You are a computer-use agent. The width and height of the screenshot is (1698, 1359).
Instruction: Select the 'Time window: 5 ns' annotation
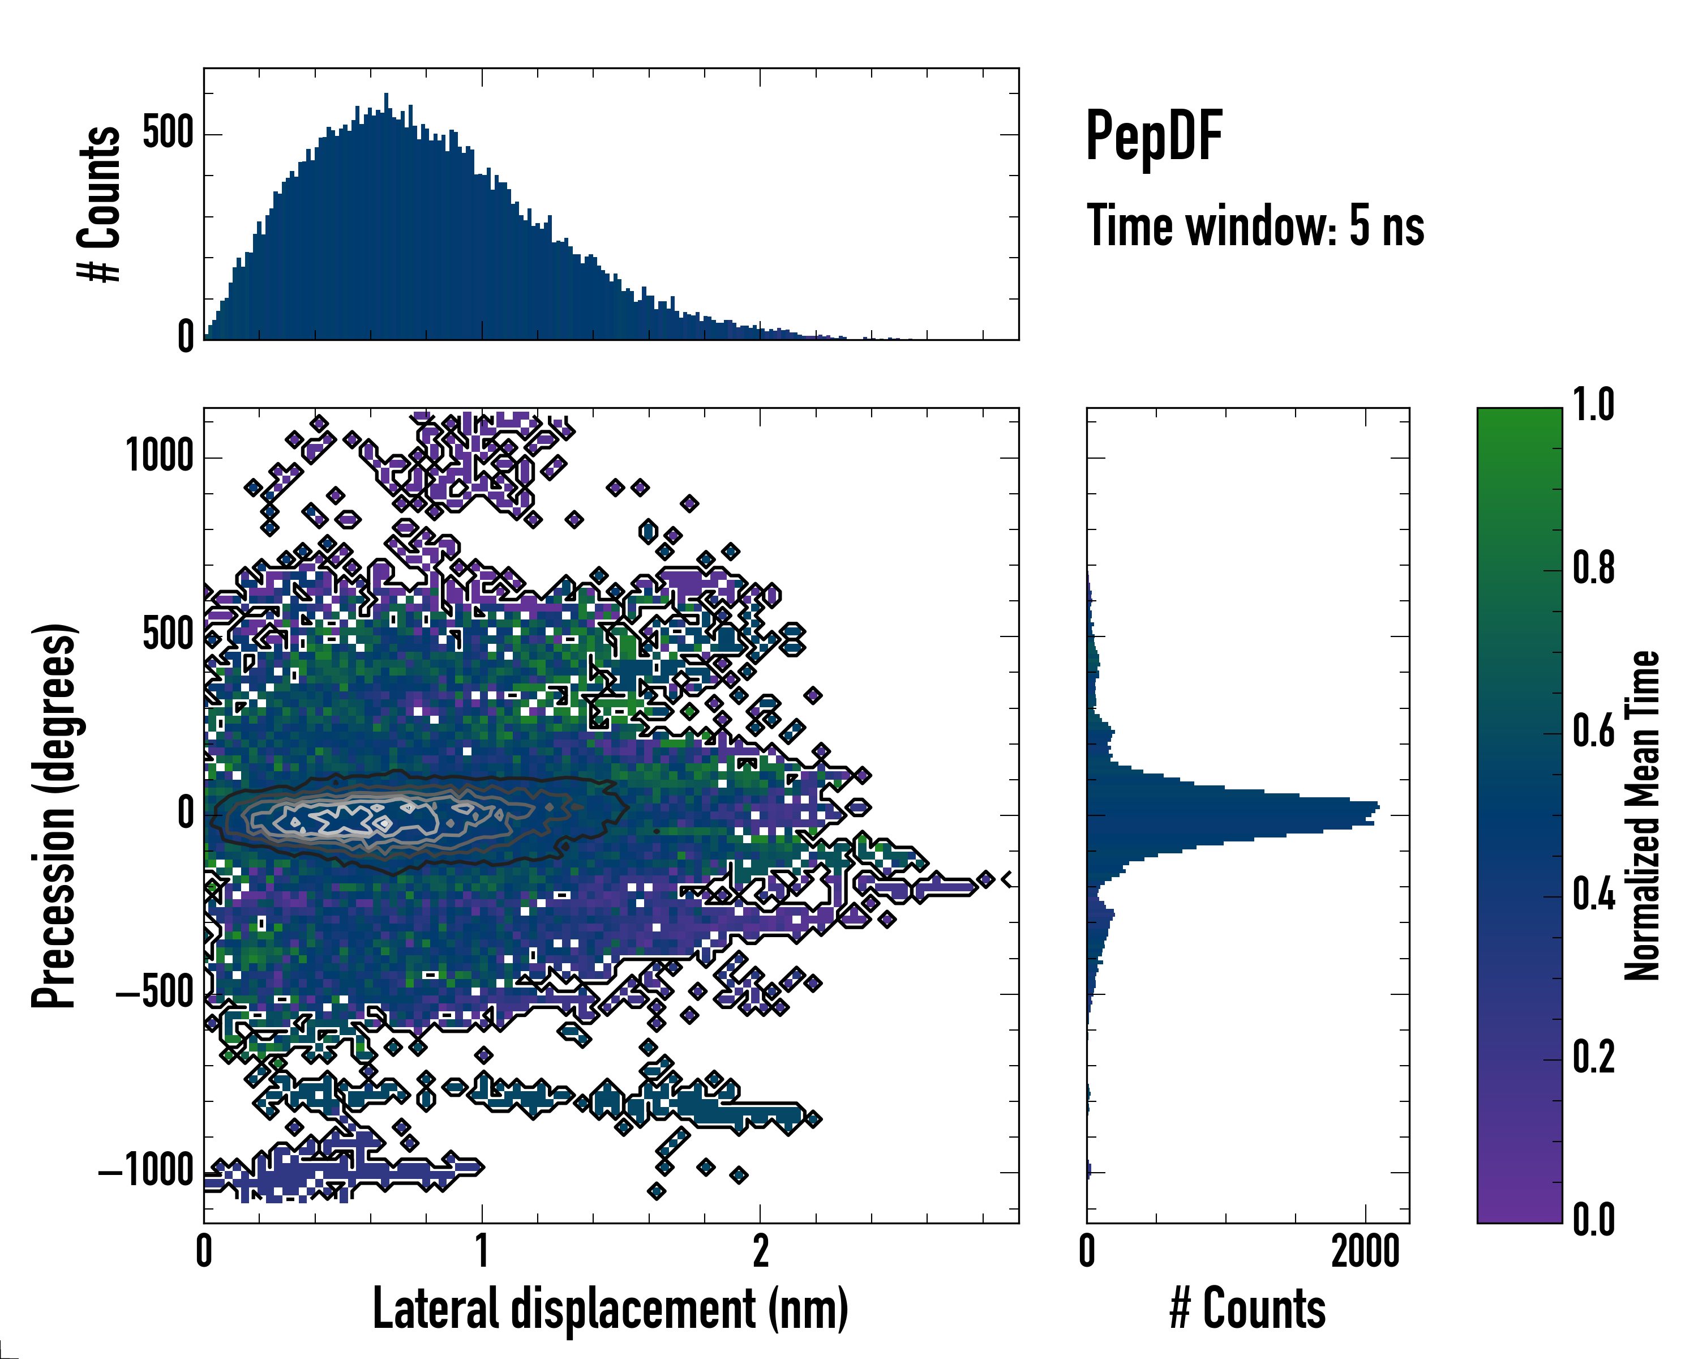1255,226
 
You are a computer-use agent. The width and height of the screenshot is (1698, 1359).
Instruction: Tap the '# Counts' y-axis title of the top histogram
100,204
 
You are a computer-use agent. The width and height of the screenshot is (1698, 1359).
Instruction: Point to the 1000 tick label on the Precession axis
160,456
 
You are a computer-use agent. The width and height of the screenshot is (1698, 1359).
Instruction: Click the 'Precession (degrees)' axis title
54,815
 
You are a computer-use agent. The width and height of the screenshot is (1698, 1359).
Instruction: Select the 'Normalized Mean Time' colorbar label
1642,815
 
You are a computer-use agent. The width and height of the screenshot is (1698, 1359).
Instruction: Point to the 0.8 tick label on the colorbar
1593,569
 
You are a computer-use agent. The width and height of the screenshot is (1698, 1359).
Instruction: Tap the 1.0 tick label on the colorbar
1593,406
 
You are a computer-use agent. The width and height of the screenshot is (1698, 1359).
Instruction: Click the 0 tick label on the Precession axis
186,814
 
